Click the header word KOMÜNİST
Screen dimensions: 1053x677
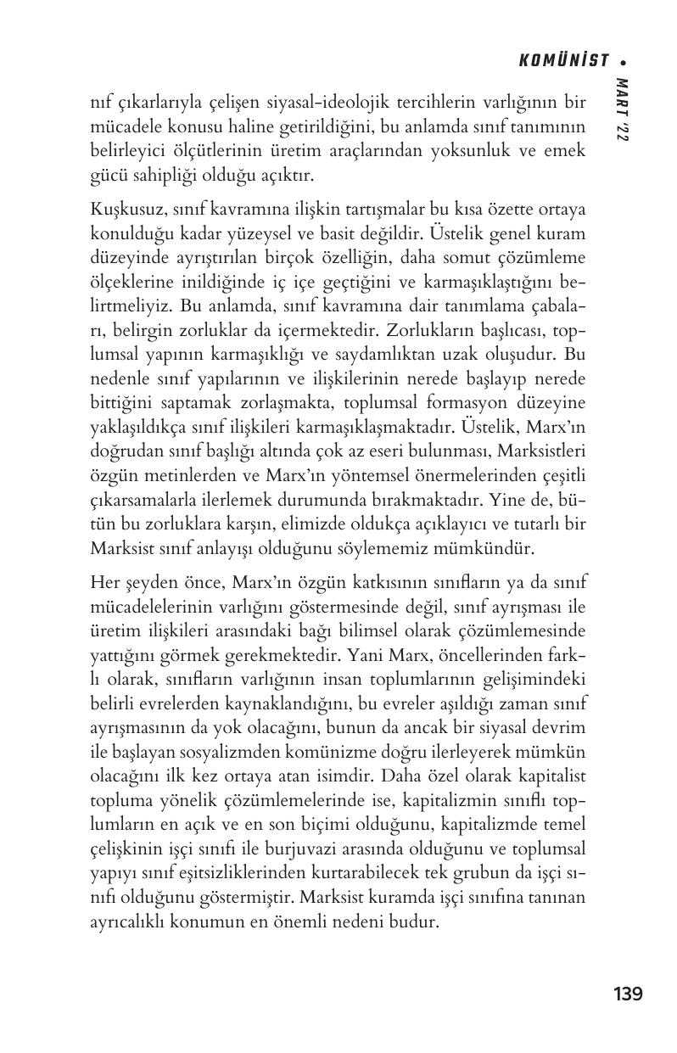click(564, 60)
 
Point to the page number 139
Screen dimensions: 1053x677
click(628, 994)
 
